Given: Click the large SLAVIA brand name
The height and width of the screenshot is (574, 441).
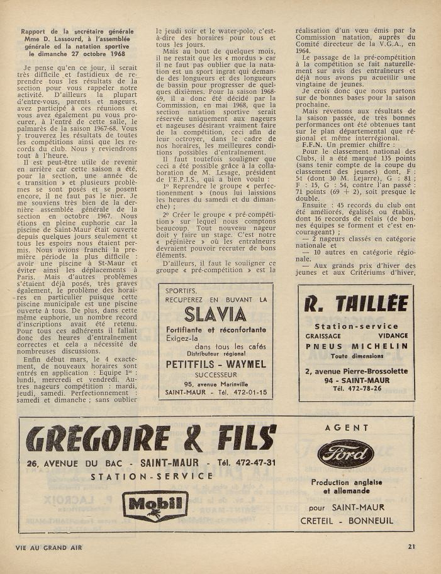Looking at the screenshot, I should (216, 314).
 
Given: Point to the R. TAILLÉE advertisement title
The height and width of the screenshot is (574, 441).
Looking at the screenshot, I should (356, 304).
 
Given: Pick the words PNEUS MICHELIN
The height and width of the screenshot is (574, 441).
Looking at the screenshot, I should (356, 346).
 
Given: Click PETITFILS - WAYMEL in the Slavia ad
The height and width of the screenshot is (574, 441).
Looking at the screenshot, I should (216, 364).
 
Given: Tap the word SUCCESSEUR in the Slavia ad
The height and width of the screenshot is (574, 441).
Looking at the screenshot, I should (216, 373).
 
